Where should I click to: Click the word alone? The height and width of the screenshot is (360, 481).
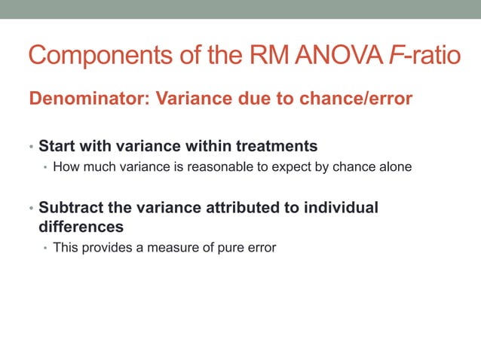click(x=395, y=166)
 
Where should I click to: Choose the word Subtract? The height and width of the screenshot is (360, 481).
click(x=72, y=208)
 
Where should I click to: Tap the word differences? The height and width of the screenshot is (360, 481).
click(x=81, y=226)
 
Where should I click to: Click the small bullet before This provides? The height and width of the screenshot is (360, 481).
click(x=44, y=248)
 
